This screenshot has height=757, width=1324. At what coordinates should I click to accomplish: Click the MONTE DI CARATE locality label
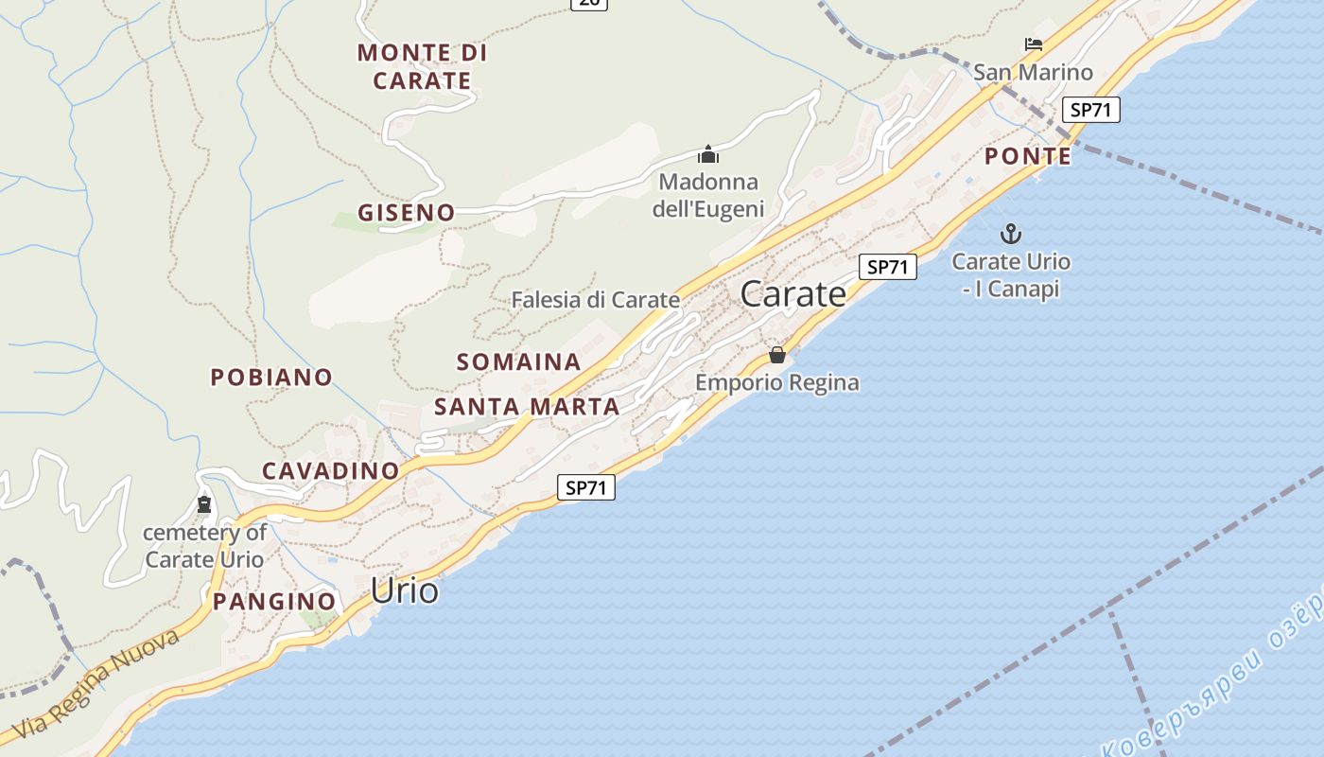coord(422,66)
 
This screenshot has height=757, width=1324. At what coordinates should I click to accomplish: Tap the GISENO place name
coord(406,213)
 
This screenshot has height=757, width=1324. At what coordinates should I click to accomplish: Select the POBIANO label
coord(271,378)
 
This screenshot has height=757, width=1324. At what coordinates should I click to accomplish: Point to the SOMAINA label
coord(518,361)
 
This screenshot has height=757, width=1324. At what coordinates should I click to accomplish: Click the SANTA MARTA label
coord(527,407)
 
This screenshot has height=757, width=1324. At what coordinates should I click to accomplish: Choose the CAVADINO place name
coord(331,470)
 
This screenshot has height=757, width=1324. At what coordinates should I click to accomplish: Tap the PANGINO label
coord(274,601)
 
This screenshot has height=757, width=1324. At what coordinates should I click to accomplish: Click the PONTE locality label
coord(1028,156)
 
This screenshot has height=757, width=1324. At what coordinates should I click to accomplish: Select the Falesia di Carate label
coord(595,300)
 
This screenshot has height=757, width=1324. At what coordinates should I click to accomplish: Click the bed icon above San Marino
coord(1033,44)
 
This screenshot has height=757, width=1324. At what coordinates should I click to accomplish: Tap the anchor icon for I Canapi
coord(1011,233)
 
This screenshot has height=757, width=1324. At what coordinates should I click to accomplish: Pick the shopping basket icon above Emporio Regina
coord(776,355)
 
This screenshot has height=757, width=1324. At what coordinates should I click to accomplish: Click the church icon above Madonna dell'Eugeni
coord(708,154)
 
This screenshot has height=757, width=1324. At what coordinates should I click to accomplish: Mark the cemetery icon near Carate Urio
coord(204,505)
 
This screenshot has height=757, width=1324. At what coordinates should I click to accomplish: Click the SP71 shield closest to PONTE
coord(1090,110)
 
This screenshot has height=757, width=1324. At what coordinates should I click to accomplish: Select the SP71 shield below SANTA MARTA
coord(585,488)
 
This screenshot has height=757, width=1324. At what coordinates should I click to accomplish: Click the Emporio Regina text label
coord(776,382)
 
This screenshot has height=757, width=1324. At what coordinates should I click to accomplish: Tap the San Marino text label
coord(1033,72)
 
